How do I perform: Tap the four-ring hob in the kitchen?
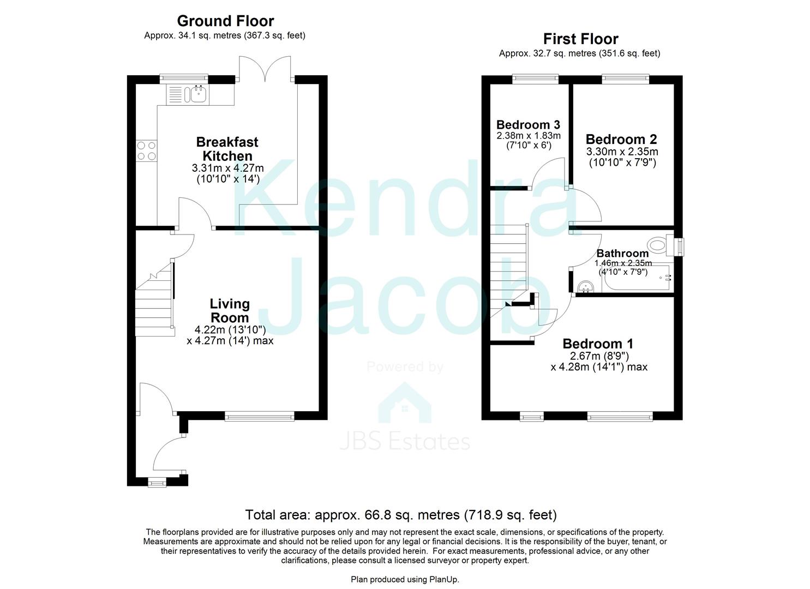click(x=146, y=151)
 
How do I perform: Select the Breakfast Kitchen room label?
click(x=227, y=149)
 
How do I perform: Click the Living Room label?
click(x=230, y=310)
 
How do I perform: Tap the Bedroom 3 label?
click(x=528, y=125)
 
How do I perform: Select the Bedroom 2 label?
click(x=621, y=139)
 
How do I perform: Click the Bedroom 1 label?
click(x=598, y=344)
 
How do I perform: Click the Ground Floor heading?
click(x=225, y=21)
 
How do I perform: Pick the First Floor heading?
click(x=580, y=39)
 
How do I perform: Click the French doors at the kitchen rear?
click(x=266, y=68)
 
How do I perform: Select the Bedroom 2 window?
click(x=625, y=80)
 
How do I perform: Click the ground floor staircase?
click(x=154, y=305)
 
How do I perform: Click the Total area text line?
click(x=401, y=515)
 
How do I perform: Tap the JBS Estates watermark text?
click(x=405, y=442)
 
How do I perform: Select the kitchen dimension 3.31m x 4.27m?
click(x=227, y=168)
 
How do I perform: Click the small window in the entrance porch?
click(x=158, y=482)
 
